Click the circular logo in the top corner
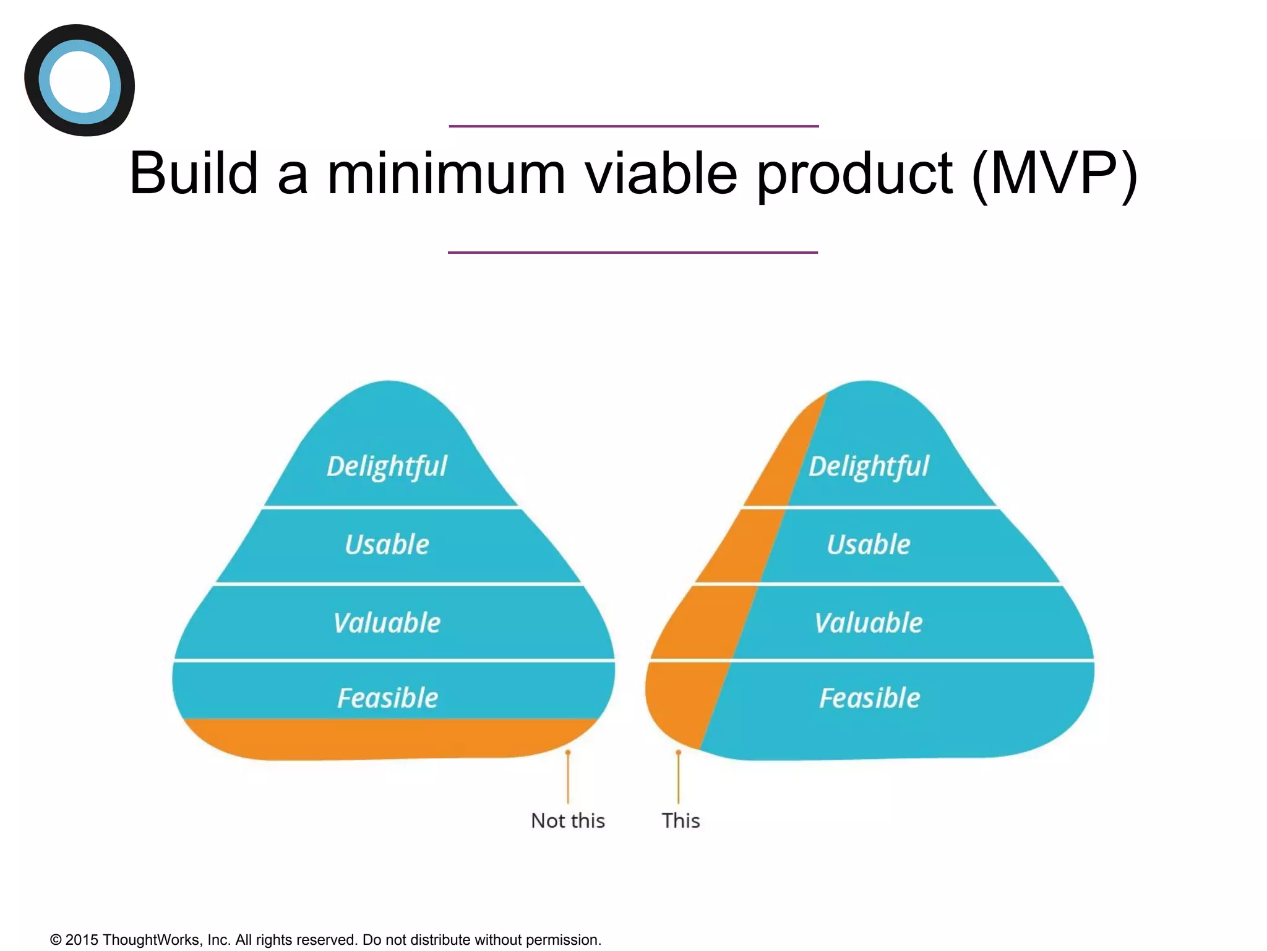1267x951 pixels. [79, 80]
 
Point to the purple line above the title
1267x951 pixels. [633, 126]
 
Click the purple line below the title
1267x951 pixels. [632, 253]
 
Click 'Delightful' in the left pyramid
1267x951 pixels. [387, 467]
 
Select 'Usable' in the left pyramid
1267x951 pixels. [387, 545]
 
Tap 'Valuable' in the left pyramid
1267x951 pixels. [387, 623]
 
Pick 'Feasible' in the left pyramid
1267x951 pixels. [387, 698]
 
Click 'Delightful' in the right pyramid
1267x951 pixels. [869, 467]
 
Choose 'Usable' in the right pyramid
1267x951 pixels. [869, 545]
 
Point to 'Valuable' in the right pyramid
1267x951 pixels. [869, 623]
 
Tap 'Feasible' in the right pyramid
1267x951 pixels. [869, 698]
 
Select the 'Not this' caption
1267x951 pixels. [568, 821]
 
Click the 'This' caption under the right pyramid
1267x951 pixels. [681, 821]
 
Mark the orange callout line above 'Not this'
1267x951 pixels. [568, 778]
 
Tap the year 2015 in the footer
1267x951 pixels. [82, 940]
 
